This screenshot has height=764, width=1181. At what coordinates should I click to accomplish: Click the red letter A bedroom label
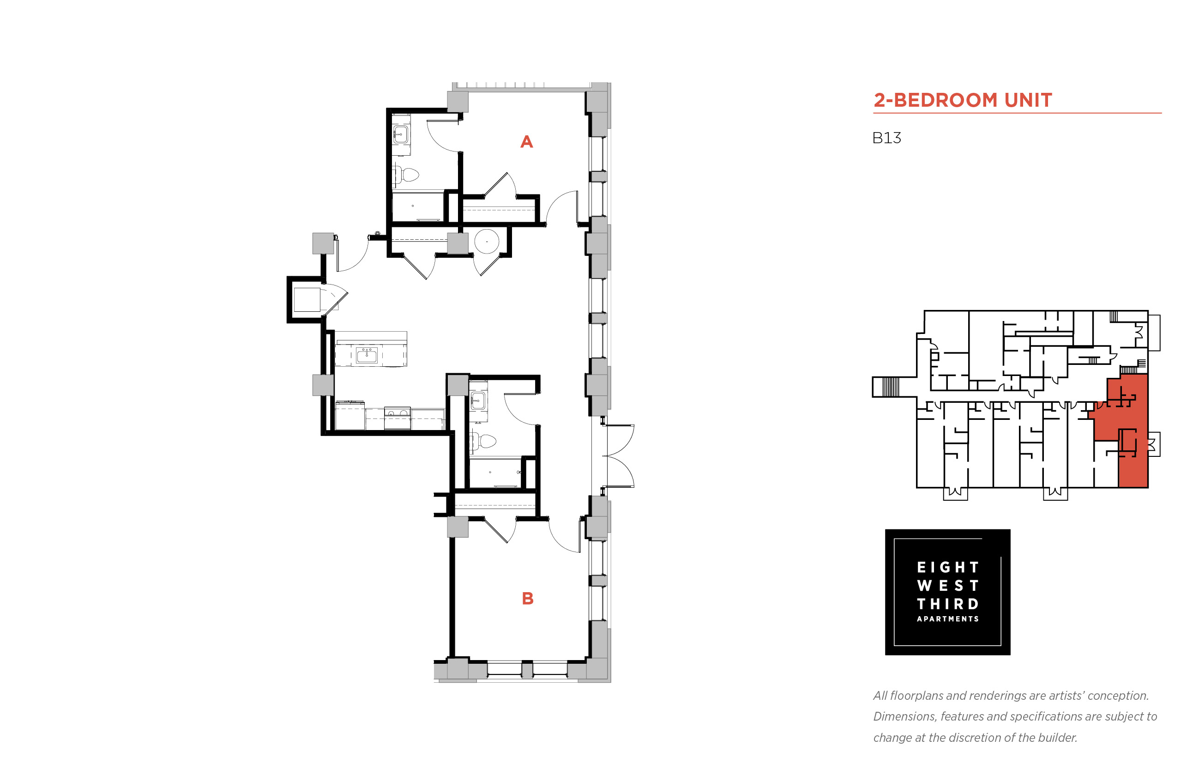(526, 142)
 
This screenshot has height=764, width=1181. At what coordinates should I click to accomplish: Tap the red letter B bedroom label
(528, 598)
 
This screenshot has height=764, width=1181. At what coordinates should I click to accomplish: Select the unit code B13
(886, 138)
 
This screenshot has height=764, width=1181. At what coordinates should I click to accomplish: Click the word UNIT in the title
(1028, 100)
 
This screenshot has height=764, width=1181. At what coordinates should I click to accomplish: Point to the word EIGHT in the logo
(947, 567)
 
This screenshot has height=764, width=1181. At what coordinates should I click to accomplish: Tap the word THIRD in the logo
(947, 604)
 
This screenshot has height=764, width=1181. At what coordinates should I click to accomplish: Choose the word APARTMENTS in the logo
(947, 618)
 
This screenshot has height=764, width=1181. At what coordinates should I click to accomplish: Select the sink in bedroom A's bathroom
(401, 134)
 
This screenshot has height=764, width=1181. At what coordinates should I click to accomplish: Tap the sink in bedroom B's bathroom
(478, 400)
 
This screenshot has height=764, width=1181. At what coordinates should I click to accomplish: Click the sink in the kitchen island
(367, 355)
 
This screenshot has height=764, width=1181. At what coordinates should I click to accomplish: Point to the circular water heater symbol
(486, 242)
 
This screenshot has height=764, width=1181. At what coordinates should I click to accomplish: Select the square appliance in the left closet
(307, 300)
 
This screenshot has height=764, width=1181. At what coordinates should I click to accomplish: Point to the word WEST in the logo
(947, 585)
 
